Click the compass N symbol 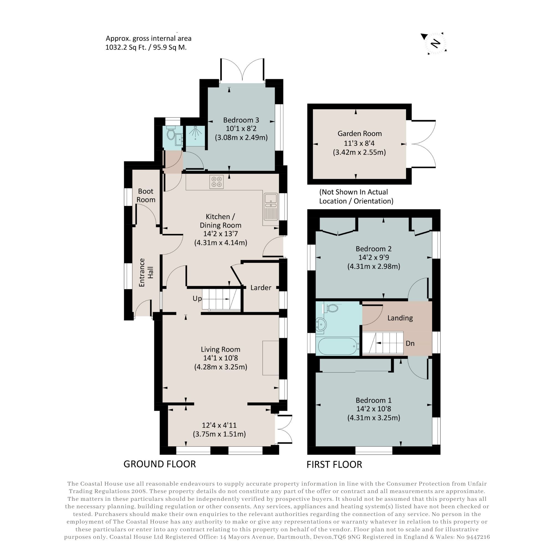coord(435,43)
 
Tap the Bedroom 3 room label coord(241,120)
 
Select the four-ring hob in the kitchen coord(217,181)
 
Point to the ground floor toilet coord(171,134)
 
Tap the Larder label coord(261,288)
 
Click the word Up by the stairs coord(197,299)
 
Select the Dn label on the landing coord(410,343)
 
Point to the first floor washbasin coord(321,325)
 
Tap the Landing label coord(400,318)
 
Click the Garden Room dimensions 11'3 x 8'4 coord(359,143)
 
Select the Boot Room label coord(146,195)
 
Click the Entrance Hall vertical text coord(146,272)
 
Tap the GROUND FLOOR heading coord(160,464)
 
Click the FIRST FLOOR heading coord(334,465)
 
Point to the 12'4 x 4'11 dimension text coord(219,425)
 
